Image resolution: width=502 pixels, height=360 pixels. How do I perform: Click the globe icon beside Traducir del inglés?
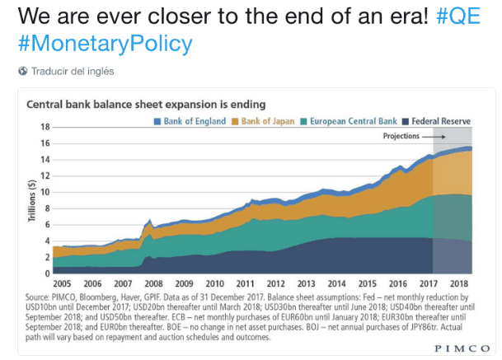point(22,72)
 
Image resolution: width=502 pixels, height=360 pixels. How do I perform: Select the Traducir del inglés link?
point(73,72)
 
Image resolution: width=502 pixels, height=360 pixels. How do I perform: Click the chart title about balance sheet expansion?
point(147,105)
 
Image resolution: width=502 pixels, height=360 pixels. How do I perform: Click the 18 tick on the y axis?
point(45,127)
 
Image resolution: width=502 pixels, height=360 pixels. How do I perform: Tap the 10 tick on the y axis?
point(45,192)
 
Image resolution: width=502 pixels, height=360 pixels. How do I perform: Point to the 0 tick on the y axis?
point(47,274)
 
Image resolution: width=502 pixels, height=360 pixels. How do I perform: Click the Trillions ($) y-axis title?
point(31,200)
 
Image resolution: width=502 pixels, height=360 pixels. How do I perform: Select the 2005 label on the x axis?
point(63,283)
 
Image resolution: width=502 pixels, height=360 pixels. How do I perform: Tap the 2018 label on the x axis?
point(458,283)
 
